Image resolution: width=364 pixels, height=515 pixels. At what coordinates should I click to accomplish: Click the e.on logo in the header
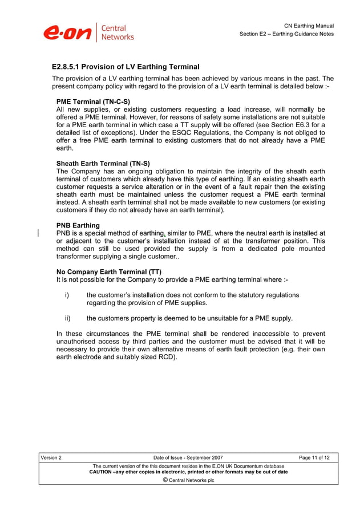tap(67, 33)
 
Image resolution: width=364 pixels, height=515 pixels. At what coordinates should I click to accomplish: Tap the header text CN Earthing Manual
tap(309, 26)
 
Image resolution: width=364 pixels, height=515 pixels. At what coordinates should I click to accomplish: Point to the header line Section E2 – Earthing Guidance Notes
tap(286, 34)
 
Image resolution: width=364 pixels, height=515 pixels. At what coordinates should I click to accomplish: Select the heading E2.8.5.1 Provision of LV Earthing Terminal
tap(126, 67)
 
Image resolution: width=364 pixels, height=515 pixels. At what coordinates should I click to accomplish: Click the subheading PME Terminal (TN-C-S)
tap(93, 102)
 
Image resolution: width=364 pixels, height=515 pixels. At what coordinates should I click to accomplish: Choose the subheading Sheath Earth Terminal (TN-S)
tap(103, 164)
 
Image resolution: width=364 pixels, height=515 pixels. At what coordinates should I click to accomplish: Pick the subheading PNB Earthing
tap(78, 225)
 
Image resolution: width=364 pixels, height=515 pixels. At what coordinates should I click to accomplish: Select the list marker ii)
tap(67, 319)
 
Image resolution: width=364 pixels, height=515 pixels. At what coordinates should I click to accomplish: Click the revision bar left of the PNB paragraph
tap(38, 233)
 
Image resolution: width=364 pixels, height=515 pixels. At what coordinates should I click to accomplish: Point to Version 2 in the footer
tap(51, 457)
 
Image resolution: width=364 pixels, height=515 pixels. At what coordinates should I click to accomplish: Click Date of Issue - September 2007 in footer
tap(188, 457)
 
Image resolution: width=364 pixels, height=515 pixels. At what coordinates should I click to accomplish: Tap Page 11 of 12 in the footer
tap(314, 457)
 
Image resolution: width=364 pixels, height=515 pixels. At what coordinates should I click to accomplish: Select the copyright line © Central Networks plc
tap(188, 480)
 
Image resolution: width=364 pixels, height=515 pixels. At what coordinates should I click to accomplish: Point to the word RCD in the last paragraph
tap(165, 358)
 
